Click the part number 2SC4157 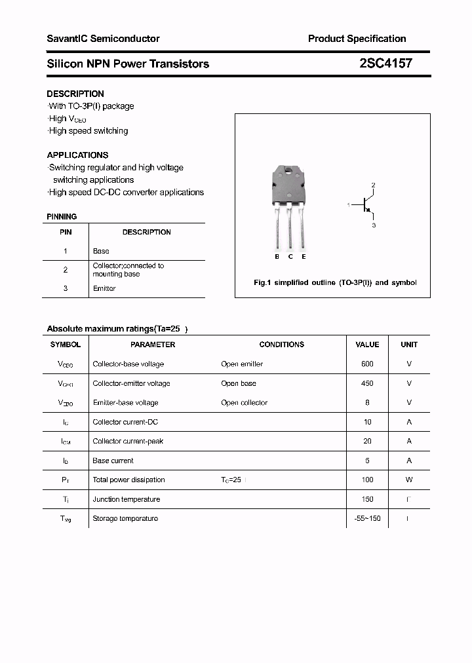(x=385, y=64)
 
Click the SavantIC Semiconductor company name (x=103, y=39)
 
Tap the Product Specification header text (x=357, y=39)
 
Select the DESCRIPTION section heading (x=75, y=94)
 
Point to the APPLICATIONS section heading (x=77, y=155)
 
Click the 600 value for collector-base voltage (x=367, y=364)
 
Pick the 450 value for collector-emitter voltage (x=367, y=383)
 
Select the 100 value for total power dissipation (x=367, y=480)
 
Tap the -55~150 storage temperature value (x=367, y=519)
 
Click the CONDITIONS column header (x=282, y=345)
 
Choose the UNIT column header (x=409, y=345)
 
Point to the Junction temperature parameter (x=127, y=499)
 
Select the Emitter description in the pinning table (x=104, y=289)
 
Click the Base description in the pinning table (x=101, y=251)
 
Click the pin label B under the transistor (x=277, y=257)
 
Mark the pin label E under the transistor (x=304, y=257)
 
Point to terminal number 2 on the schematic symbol (x=373, y=185)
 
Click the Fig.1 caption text (x=335, y=283)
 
